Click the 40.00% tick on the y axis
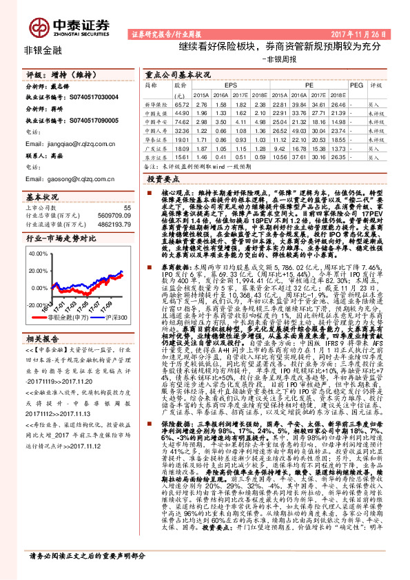point(37,253)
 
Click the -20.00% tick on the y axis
point(36,303)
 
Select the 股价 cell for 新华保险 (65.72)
point(183,103)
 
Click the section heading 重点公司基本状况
point(178,73)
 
